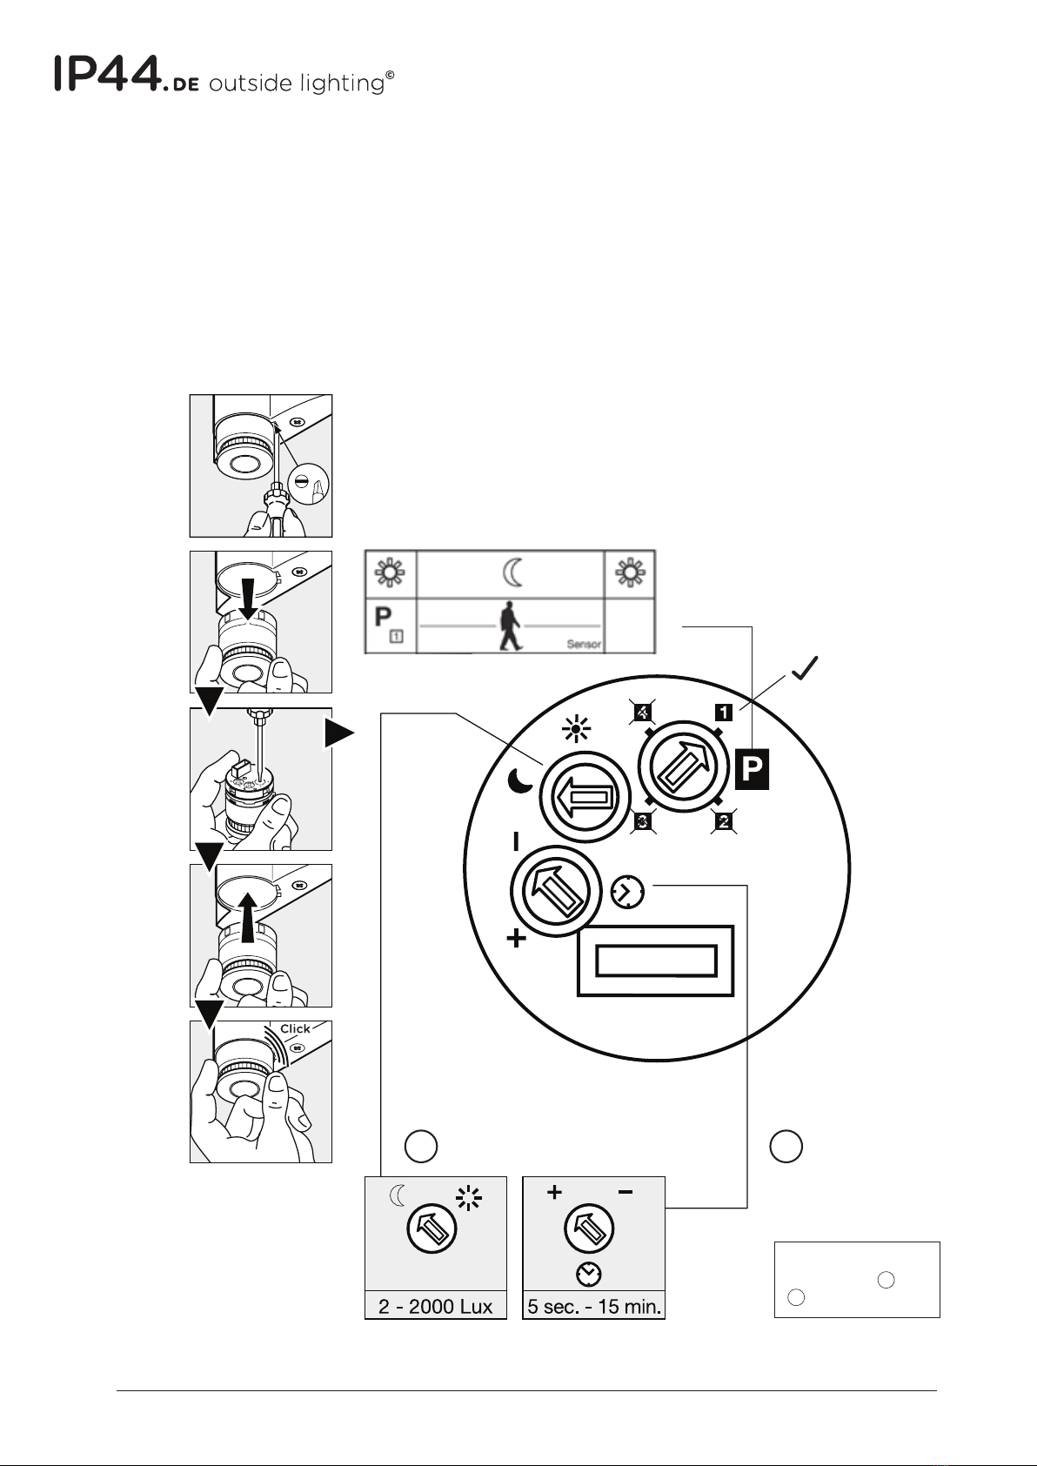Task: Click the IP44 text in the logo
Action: (x=108, y=73)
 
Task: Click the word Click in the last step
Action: (x=295, y=1029)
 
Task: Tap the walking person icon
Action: (x=511, y=626)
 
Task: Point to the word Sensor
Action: (x=584, y=644)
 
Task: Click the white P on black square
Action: (x=752, y=768)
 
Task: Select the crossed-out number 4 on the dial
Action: (x=643, y=712)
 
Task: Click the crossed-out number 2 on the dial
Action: (x=724, y=820)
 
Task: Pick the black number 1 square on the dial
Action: (x=724, y=712)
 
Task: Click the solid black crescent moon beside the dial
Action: (x=520, y=780)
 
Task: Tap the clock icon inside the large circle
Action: (x=627, y=891)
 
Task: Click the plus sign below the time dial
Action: (x=516, y=939)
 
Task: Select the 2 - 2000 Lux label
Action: (x=435, y=1307)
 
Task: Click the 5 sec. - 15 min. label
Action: (x=594, y=1307)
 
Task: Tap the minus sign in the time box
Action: (x=626, y=1193)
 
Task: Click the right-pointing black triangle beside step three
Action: (x=339, y=733)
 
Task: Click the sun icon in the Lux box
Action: (x=468, y=1198)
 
